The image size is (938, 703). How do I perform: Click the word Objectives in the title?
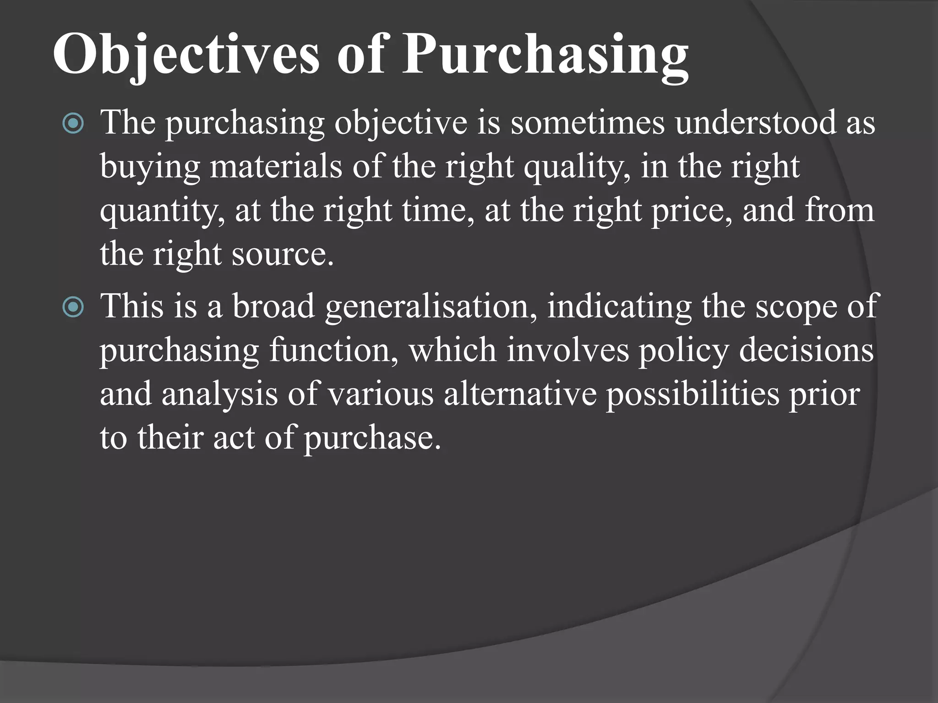click(185, 55)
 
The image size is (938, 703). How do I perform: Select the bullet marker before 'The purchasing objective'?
click(73, 123)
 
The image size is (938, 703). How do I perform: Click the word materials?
click(276, 167)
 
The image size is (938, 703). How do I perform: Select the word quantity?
click(162, 211)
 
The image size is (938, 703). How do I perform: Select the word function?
click(333, 350)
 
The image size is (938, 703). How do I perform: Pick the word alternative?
click(520, 394)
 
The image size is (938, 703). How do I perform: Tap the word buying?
click(150, 168)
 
